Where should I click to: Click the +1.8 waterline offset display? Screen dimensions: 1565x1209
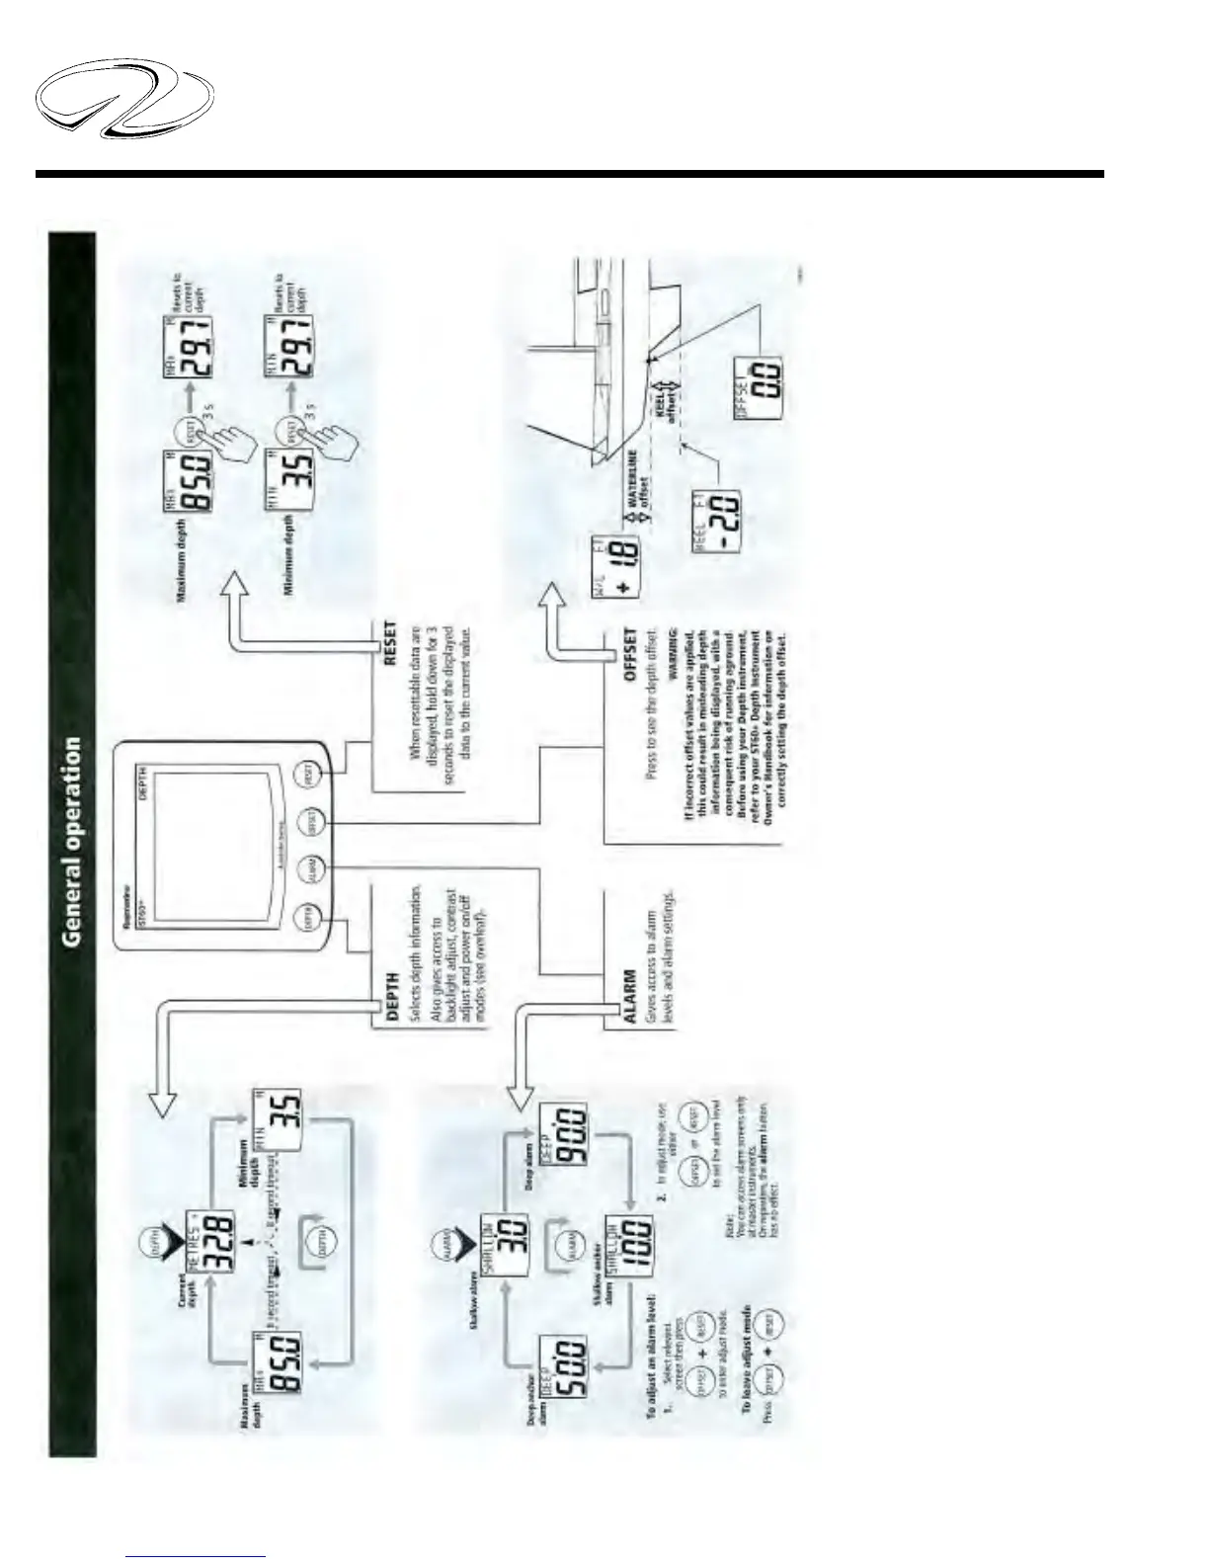click(x=612, y=548)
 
